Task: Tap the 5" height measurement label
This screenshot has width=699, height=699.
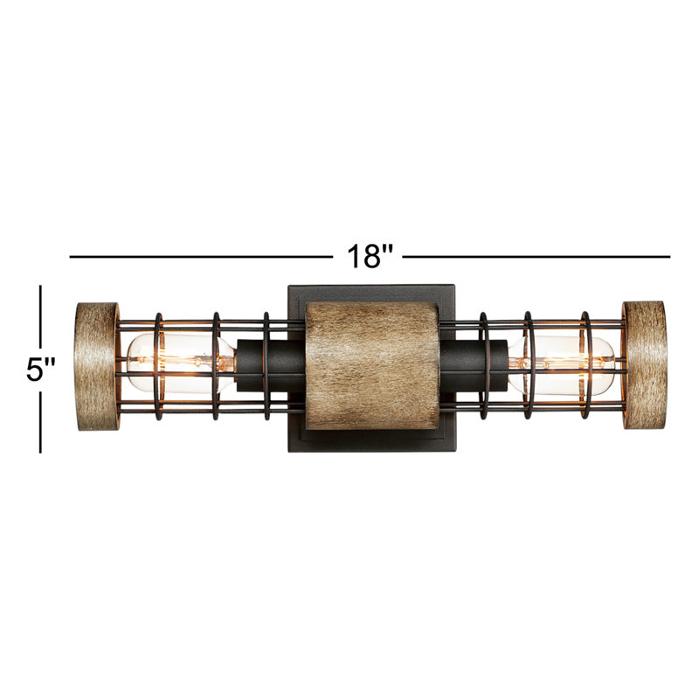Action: click(x=40, y=369)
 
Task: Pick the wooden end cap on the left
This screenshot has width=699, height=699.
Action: click(x=96, y=365)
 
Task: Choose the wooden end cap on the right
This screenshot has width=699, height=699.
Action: click(x=643, y=364)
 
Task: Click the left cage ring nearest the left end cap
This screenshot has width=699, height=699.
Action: click(x=158, y=365)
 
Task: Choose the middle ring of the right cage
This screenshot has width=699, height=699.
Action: click(x=528, y=365)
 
